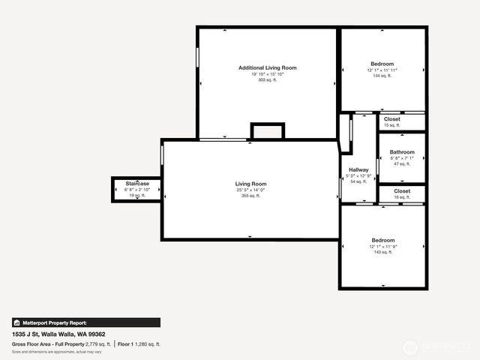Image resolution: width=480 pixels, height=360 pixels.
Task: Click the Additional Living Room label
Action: point(267,68)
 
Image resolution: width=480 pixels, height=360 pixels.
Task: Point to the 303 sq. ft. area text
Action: point(267,79)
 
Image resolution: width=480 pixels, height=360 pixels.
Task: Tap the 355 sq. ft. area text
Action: point(250,196)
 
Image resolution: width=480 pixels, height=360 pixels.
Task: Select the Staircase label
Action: point(137,184)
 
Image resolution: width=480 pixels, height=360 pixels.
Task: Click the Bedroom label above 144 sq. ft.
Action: point(382,64)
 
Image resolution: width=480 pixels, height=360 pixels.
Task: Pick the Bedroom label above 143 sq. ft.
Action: point(382,240)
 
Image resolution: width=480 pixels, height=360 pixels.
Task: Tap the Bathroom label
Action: point(402,152)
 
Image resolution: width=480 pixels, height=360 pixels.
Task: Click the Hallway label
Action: point(358,170)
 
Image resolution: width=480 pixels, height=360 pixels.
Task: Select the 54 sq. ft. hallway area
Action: point(358,181)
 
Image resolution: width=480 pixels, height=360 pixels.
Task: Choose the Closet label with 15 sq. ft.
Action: point(392,118)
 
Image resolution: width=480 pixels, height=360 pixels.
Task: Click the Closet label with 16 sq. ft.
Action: point(402,191)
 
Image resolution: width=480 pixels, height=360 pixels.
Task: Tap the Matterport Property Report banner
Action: point(85,322)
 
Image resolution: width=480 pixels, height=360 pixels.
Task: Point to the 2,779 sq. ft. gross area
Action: point(98,344)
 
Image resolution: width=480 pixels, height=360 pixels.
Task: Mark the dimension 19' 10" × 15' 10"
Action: point(267,74)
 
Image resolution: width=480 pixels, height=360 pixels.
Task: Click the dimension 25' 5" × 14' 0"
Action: point(250,190)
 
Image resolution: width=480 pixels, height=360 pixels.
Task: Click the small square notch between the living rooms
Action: point(267,132)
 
